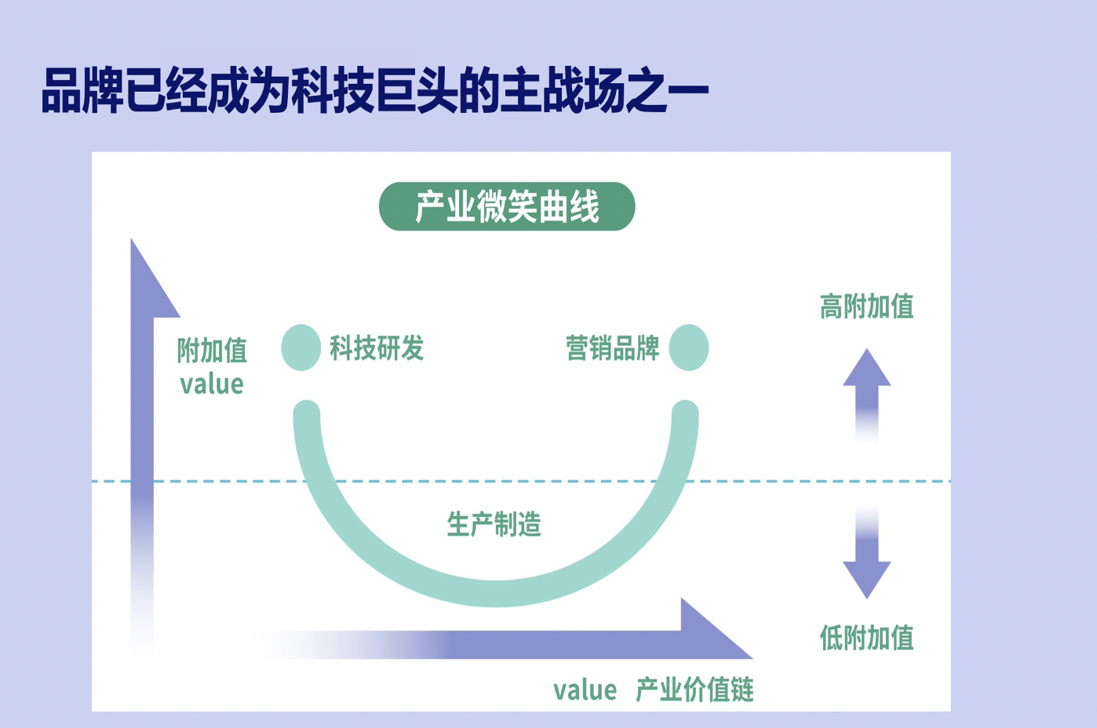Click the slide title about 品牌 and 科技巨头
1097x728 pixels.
click(x=374, y=92)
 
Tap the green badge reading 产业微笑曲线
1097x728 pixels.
click(x=507, y=207)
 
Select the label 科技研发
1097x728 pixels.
click(x=377, y=348)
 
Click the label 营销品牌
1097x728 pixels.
click(x=613, y=348)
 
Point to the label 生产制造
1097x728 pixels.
click(x=494, y=524)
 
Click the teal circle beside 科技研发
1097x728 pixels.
click(x=301, y=348)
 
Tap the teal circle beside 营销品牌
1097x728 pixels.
click(x=689, y=348)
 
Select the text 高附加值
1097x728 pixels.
click(x=866, y=306)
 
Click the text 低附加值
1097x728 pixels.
click(x=866, y=638)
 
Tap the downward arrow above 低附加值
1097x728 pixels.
click(x=866, y=573)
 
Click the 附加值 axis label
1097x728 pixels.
click(x=212, y=351)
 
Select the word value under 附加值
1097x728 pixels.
click(x=212, y=384)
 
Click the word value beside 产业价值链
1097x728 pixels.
click(x=585, y=690)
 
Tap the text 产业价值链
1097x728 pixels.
click(x=694, y=690)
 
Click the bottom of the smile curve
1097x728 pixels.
click(x=496, y=593)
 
